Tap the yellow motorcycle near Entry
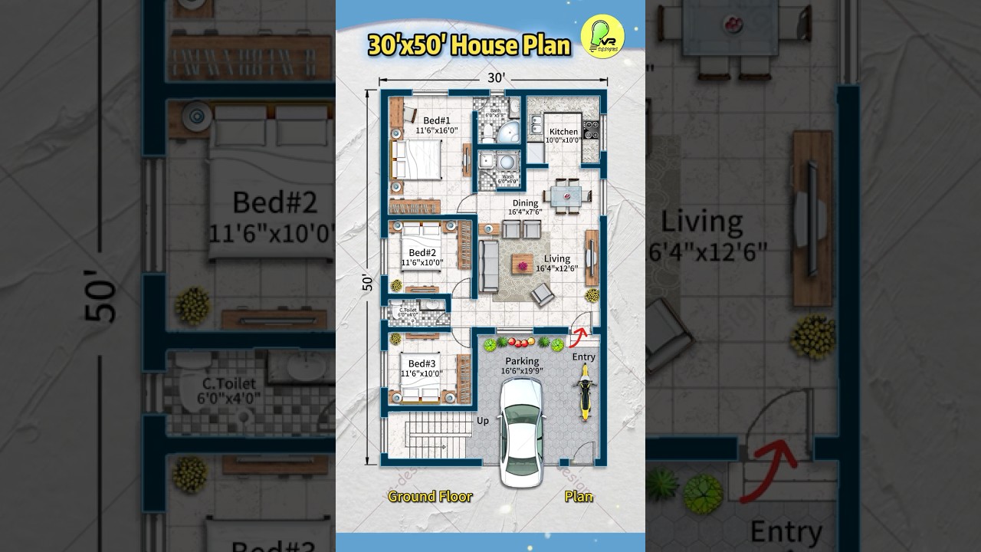point(585,392)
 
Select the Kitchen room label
point(563,132)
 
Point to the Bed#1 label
point(436,120)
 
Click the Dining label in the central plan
point(525,203)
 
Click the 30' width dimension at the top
point(495,77)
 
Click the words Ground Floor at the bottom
point(430,496)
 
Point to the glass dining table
point(568,195)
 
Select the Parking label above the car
point(522,361)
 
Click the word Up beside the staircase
point(483,421)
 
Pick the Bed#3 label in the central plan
point(422,363)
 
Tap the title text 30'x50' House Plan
point(469,46)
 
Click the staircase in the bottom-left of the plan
point(427,438)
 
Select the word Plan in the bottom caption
point(579,496)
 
